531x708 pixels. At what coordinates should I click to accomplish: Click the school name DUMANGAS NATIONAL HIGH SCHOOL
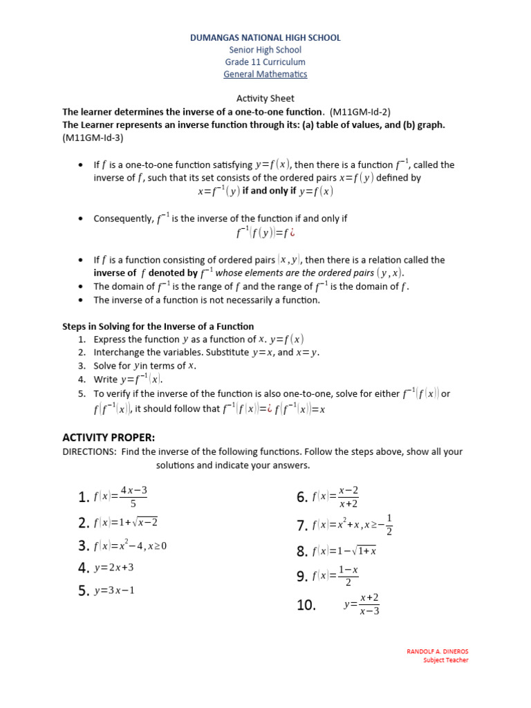tap(265, 38)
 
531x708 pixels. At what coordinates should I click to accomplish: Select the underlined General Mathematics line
tap(265, 74)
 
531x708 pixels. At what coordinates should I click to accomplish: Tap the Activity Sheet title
tap(265, 99)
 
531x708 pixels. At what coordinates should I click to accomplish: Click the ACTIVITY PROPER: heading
tap(109, 438)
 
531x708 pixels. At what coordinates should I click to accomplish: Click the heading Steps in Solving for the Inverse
tap(158, 326)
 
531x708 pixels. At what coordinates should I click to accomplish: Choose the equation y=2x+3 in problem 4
tap(114, 568)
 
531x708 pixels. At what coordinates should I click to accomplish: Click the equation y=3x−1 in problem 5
tap(114, 591)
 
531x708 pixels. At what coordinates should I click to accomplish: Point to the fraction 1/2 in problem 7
tap(389, 525)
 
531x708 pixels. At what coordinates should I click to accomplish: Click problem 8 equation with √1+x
tap(344, 551)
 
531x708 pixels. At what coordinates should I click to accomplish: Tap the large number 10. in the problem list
tap(306, 605)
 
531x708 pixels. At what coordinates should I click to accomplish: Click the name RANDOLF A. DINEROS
tap(437, 651)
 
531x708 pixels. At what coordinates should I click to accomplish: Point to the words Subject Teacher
tap(445, 660)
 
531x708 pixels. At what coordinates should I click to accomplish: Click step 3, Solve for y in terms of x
tap(145, 366)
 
